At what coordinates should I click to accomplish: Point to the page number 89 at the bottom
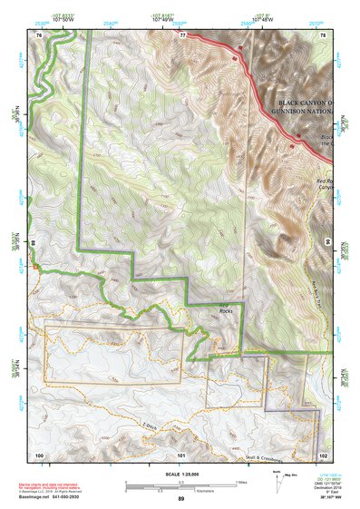click(180, 499)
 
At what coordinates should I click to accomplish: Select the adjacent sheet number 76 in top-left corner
click(39, 34)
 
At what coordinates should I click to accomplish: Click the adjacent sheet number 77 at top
click(182, 34)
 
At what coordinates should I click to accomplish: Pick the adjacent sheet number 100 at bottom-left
click(39, 455)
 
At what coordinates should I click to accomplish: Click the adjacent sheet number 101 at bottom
click(181, 455)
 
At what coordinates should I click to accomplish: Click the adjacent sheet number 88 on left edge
click(32, 243)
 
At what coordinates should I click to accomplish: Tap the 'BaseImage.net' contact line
click(56, 497)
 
